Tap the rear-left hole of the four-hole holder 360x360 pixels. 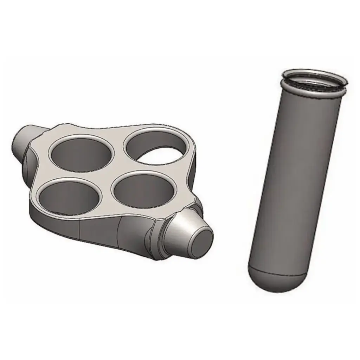click(82, 155)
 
